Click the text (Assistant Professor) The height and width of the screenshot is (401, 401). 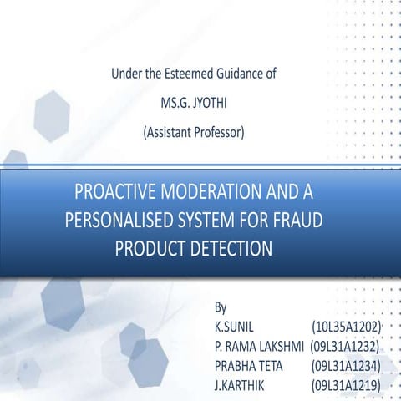point(194,131)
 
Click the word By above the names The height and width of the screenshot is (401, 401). point(221,307)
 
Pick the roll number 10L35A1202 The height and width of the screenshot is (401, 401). point(346,325)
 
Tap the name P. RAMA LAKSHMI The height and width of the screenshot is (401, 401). point(259,344)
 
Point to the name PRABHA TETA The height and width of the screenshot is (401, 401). point(249,363)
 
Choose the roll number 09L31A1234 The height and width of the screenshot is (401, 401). point(346,363)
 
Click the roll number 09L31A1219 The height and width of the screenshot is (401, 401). point(346,383)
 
